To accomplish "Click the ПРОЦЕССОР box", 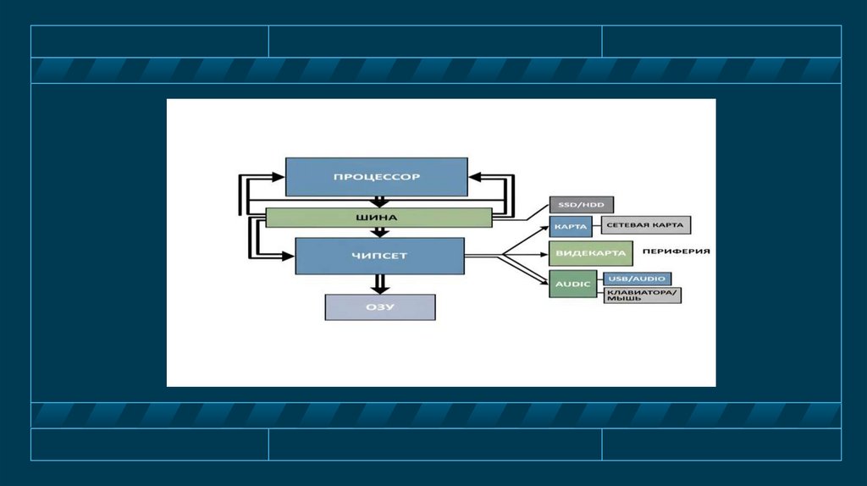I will (x=376, y=177).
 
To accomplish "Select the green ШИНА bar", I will (x=378, y=218).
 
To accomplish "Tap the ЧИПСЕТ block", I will (x=379, y=256).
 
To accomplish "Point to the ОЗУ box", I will (x=380, y=307).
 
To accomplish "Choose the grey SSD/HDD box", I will (x=581, y=204).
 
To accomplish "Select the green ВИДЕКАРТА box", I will (x=591, y=253).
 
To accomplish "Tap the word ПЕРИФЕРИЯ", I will (x=675, y=251).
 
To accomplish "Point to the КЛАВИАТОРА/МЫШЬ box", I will (x=642, y=295).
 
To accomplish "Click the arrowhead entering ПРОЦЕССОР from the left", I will (x=279, y=176).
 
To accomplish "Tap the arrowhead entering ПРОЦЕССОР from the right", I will (x=475, y=176).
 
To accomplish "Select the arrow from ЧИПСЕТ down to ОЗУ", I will (x=380, y=284).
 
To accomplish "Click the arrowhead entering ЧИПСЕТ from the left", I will (x=288, y=253).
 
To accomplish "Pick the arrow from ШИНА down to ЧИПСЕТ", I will (x=380, y=233).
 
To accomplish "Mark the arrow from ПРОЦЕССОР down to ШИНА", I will (x=380, y=202).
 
